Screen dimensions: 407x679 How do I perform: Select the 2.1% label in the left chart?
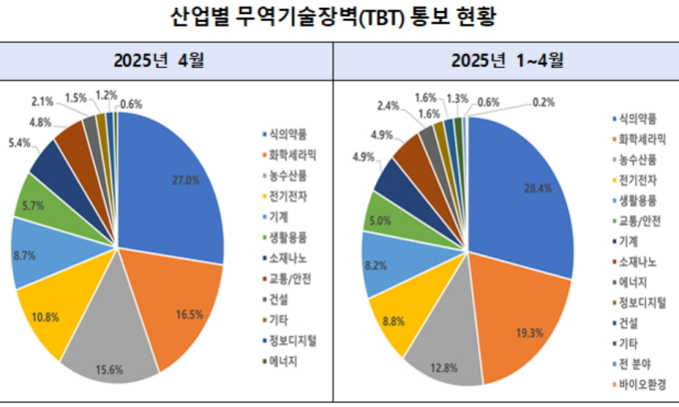[42, 102]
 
